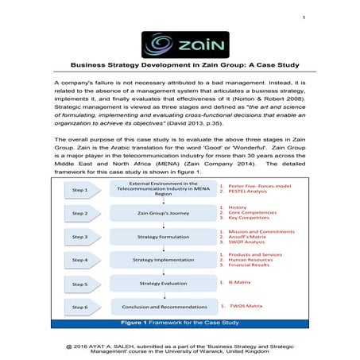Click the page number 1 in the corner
point(305,17)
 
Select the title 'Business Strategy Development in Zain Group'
point(180,68)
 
